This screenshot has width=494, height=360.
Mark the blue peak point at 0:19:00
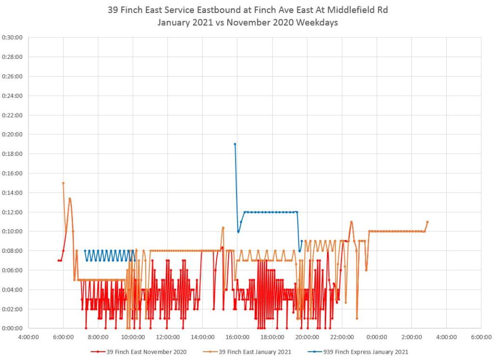(x=235, y=144)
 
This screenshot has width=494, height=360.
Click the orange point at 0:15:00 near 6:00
(x=63, y=183)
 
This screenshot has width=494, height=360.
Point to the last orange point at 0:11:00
(x=427, y=222)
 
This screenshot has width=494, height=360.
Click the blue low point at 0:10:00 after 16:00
(x=238, y=232)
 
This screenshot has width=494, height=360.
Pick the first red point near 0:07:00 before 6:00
(x=58, y=261)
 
